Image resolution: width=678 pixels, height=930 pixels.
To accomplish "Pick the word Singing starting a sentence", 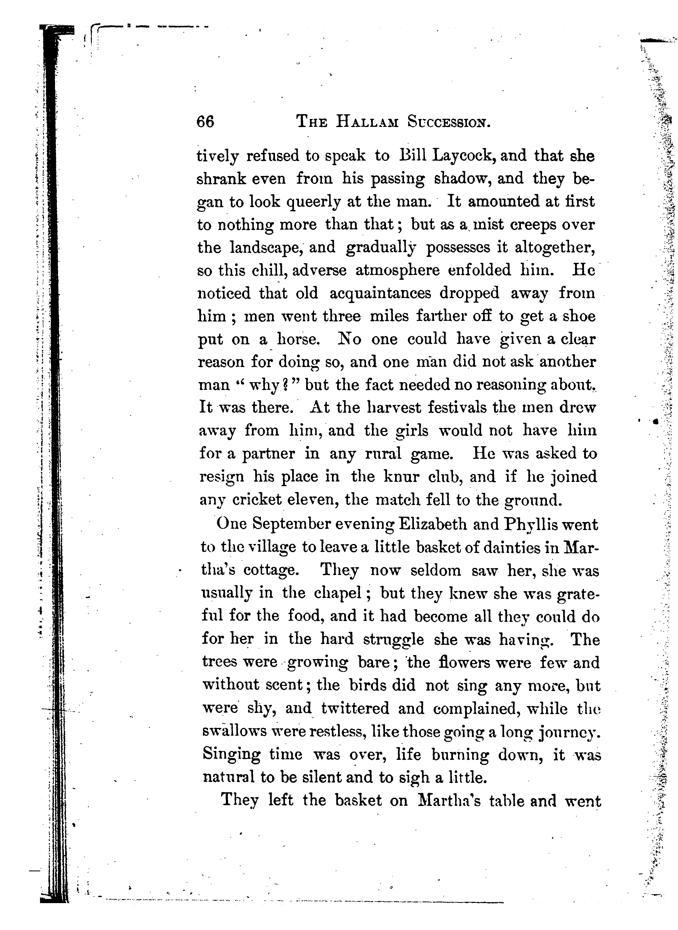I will tap(232, 755).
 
